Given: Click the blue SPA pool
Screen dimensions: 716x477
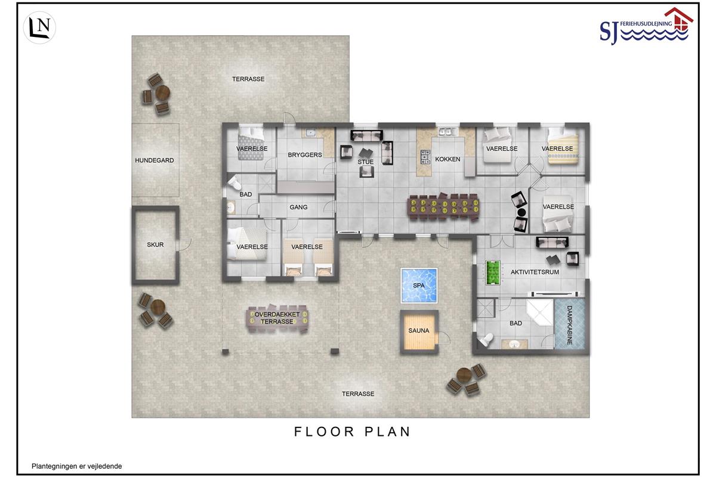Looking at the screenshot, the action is (x=419, y=285).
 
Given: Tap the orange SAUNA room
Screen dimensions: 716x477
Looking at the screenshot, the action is (x=419, y=332).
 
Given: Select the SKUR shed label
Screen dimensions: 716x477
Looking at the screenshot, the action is (x=155, y=244).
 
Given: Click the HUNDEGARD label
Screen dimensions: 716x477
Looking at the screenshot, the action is (x=155, y=160).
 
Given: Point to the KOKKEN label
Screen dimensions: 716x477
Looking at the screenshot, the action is (x=447, y=159).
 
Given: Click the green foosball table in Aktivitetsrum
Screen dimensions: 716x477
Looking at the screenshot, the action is (x=493, y=272).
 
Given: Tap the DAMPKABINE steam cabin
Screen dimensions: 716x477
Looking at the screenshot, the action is (x=570, y=324).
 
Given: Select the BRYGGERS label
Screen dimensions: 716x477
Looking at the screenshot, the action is (x=305, y=155).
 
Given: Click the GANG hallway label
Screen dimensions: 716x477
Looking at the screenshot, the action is (x=298, y=207).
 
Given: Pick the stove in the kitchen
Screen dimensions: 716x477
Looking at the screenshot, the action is (x=425, y=157).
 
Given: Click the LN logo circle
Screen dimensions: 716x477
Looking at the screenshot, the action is (x=39, y=28).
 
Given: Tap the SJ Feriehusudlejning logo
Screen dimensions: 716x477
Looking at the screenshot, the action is (x=646, y=26).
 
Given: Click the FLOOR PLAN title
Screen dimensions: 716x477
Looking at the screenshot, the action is (x=352, y=432).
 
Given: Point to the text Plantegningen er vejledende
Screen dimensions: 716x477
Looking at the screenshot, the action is (x=77, y=466).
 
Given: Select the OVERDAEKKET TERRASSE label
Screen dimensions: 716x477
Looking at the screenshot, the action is (x=277, y=318).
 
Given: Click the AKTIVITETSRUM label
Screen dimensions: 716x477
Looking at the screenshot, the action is (x=535, y=272).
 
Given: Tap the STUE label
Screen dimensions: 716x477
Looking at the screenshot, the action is (x=365, y=162).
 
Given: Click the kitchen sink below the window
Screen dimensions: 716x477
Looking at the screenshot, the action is (x=448, y=132).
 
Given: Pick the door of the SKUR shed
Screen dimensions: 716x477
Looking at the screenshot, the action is (x=184, y=244).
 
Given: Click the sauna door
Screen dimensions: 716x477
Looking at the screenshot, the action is (x=444, y=337).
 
